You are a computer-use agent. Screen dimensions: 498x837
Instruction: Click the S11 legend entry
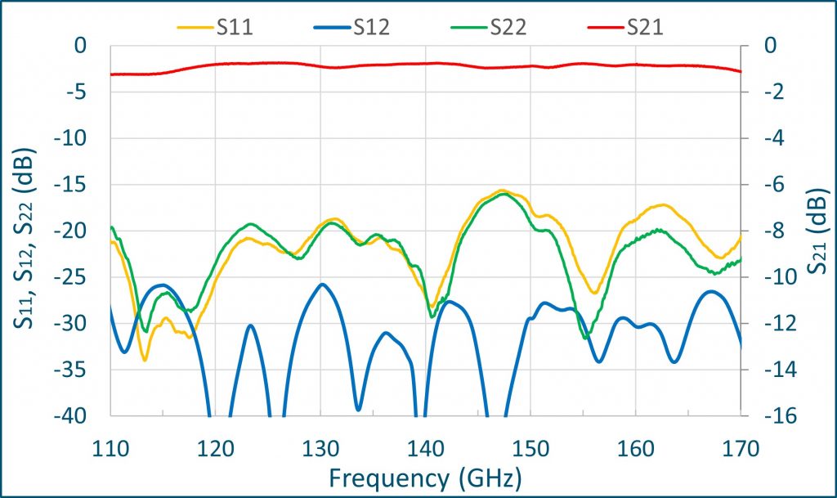click(x=216, y=27)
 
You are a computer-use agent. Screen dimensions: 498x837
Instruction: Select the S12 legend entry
click(x=352, y=27)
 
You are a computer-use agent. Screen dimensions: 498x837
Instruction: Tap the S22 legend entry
click(x=489, y=27)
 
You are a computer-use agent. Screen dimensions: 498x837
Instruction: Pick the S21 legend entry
click(x=625, y=27)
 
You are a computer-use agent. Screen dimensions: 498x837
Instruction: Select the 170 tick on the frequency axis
click(x=741, y=448)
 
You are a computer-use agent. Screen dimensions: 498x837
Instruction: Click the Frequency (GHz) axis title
click(x=425, y=475)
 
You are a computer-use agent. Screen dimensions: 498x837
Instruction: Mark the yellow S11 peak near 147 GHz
click(x=503, y=191)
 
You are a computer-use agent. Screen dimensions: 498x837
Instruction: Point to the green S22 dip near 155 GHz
click(x=584, y=337)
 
